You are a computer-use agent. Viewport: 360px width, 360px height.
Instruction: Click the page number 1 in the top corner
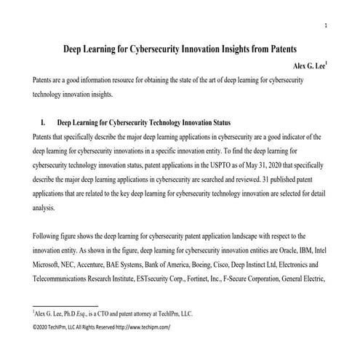point(326,26)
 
